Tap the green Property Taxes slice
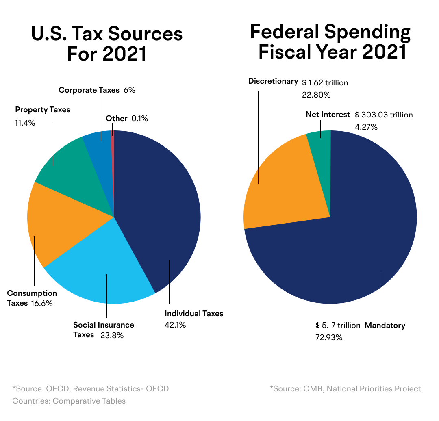coord(69,171)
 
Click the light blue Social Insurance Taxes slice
coord(106,268)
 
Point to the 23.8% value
coord(112,335)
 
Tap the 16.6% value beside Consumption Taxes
coord(42,303)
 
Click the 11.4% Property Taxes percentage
coord(25,122)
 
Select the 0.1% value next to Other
coord(140,119)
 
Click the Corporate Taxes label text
coord(89,90)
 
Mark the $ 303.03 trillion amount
coord(384,115)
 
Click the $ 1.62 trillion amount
coord(325,83)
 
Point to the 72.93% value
coord(329,337)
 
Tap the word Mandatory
coord(385,326)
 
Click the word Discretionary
coord(273,81)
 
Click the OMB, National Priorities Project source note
coord(345,389)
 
